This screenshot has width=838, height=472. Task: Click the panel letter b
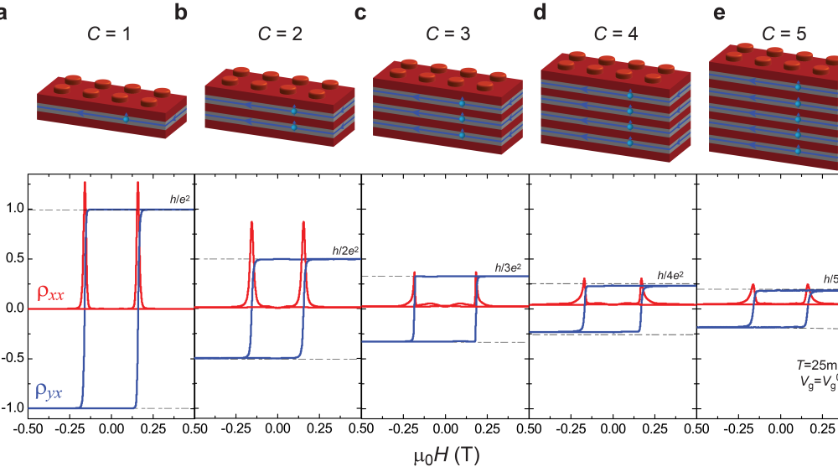point(180,12)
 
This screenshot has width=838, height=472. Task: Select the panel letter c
point(360,13)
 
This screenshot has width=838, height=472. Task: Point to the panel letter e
point(718,12)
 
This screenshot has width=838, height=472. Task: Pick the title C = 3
point(447,34)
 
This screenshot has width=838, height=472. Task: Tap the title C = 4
point(616,34)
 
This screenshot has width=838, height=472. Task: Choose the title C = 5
point(784,34)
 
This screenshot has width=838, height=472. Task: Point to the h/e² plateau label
point(180,200)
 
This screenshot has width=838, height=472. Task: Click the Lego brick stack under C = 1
point(111,105)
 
